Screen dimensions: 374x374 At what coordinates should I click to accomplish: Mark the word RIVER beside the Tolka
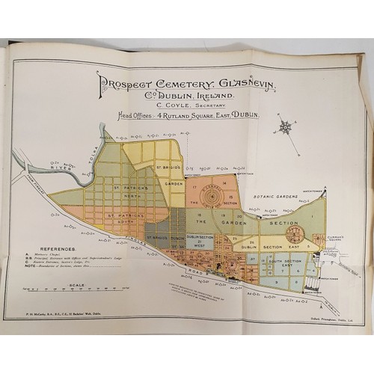[56, 169]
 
